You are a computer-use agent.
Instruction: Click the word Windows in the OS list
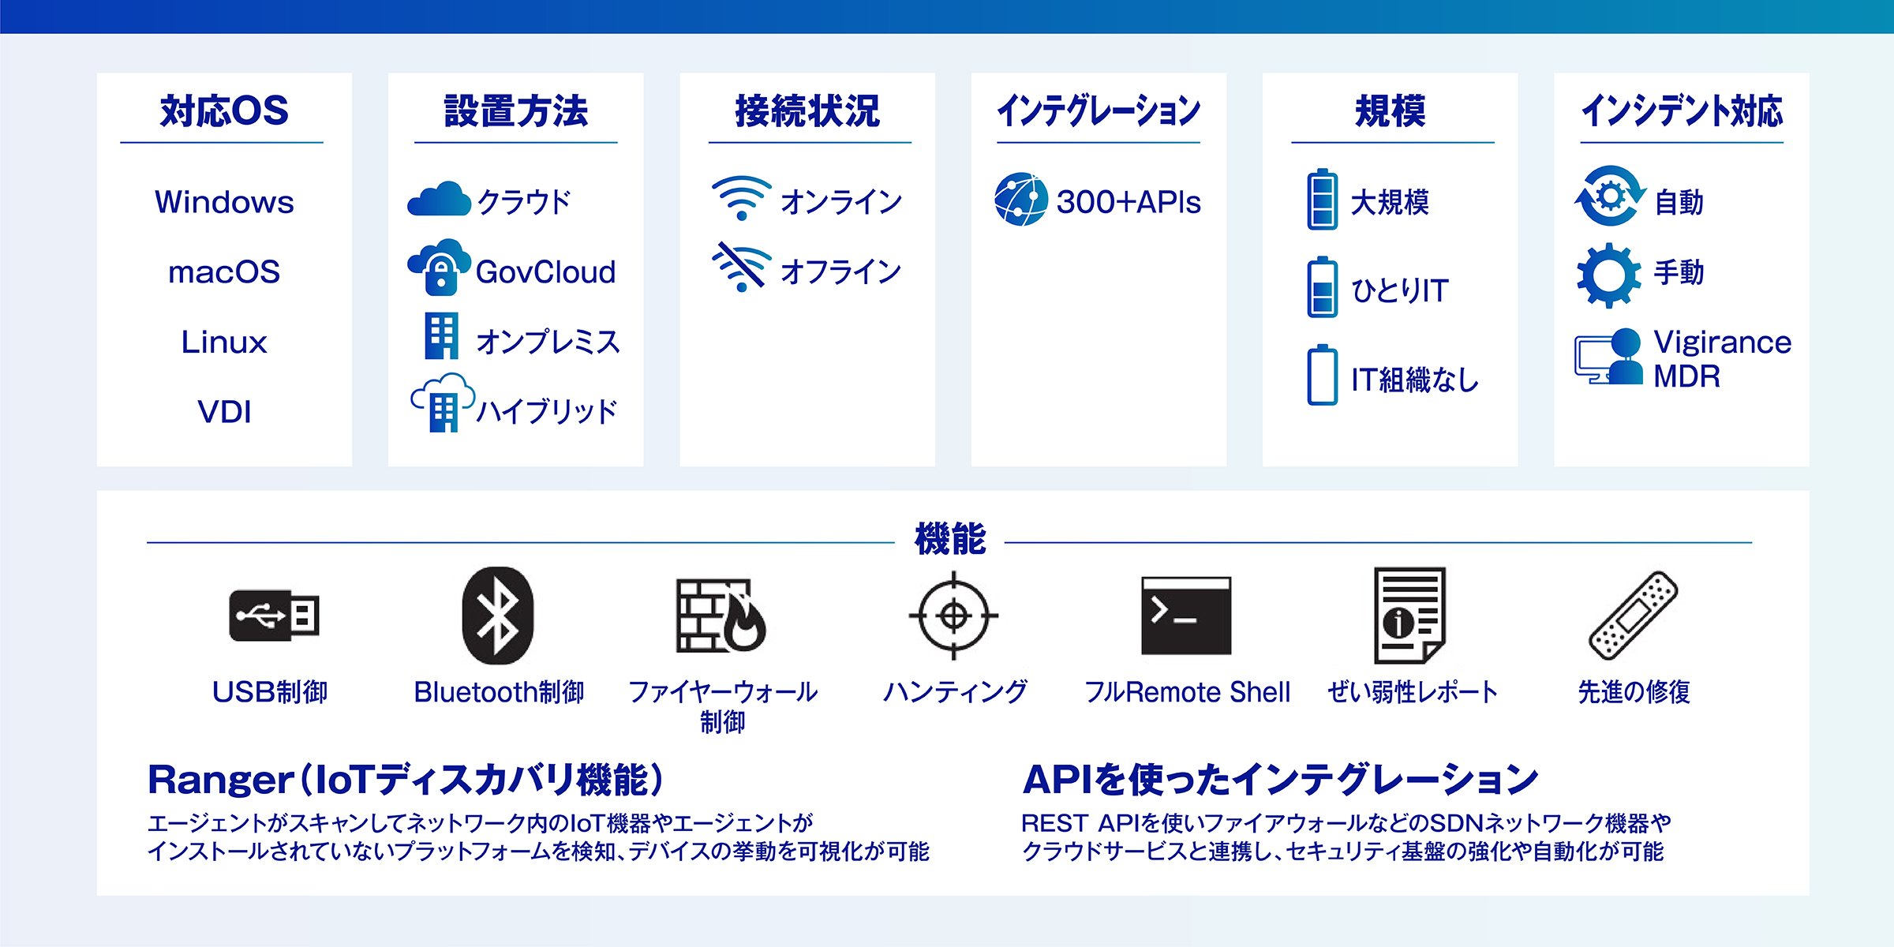[224, 202]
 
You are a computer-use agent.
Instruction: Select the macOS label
[224, 272]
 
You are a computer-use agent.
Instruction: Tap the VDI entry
[224, 412]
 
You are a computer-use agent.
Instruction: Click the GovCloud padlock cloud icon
[439, 268]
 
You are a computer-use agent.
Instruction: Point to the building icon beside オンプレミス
[441, 336]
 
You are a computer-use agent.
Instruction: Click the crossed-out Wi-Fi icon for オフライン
[741, 267]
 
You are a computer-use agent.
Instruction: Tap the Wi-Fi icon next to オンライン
[741, 198]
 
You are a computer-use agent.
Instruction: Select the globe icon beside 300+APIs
[1021, 199]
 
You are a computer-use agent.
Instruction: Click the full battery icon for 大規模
[1322, 199]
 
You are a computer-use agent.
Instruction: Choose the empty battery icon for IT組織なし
[1322, 375]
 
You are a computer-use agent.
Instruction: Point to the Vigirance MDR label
[1722, 359]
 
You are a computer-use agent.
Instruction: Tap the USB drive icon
[274, 616]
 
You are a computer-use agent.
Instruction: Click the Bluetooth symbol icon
[497, 616]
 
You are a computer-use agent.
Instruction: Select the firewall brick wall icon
[721, 616]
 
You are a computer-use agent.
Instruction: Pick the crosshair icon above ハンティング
[953, 616]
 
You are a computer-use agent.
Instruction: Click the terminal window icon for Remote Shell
[1186, 616]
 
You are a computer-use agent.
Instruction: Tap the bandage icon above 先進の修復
[1633, 616]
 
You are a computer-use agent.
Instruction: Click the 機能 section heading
[950, 540]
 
